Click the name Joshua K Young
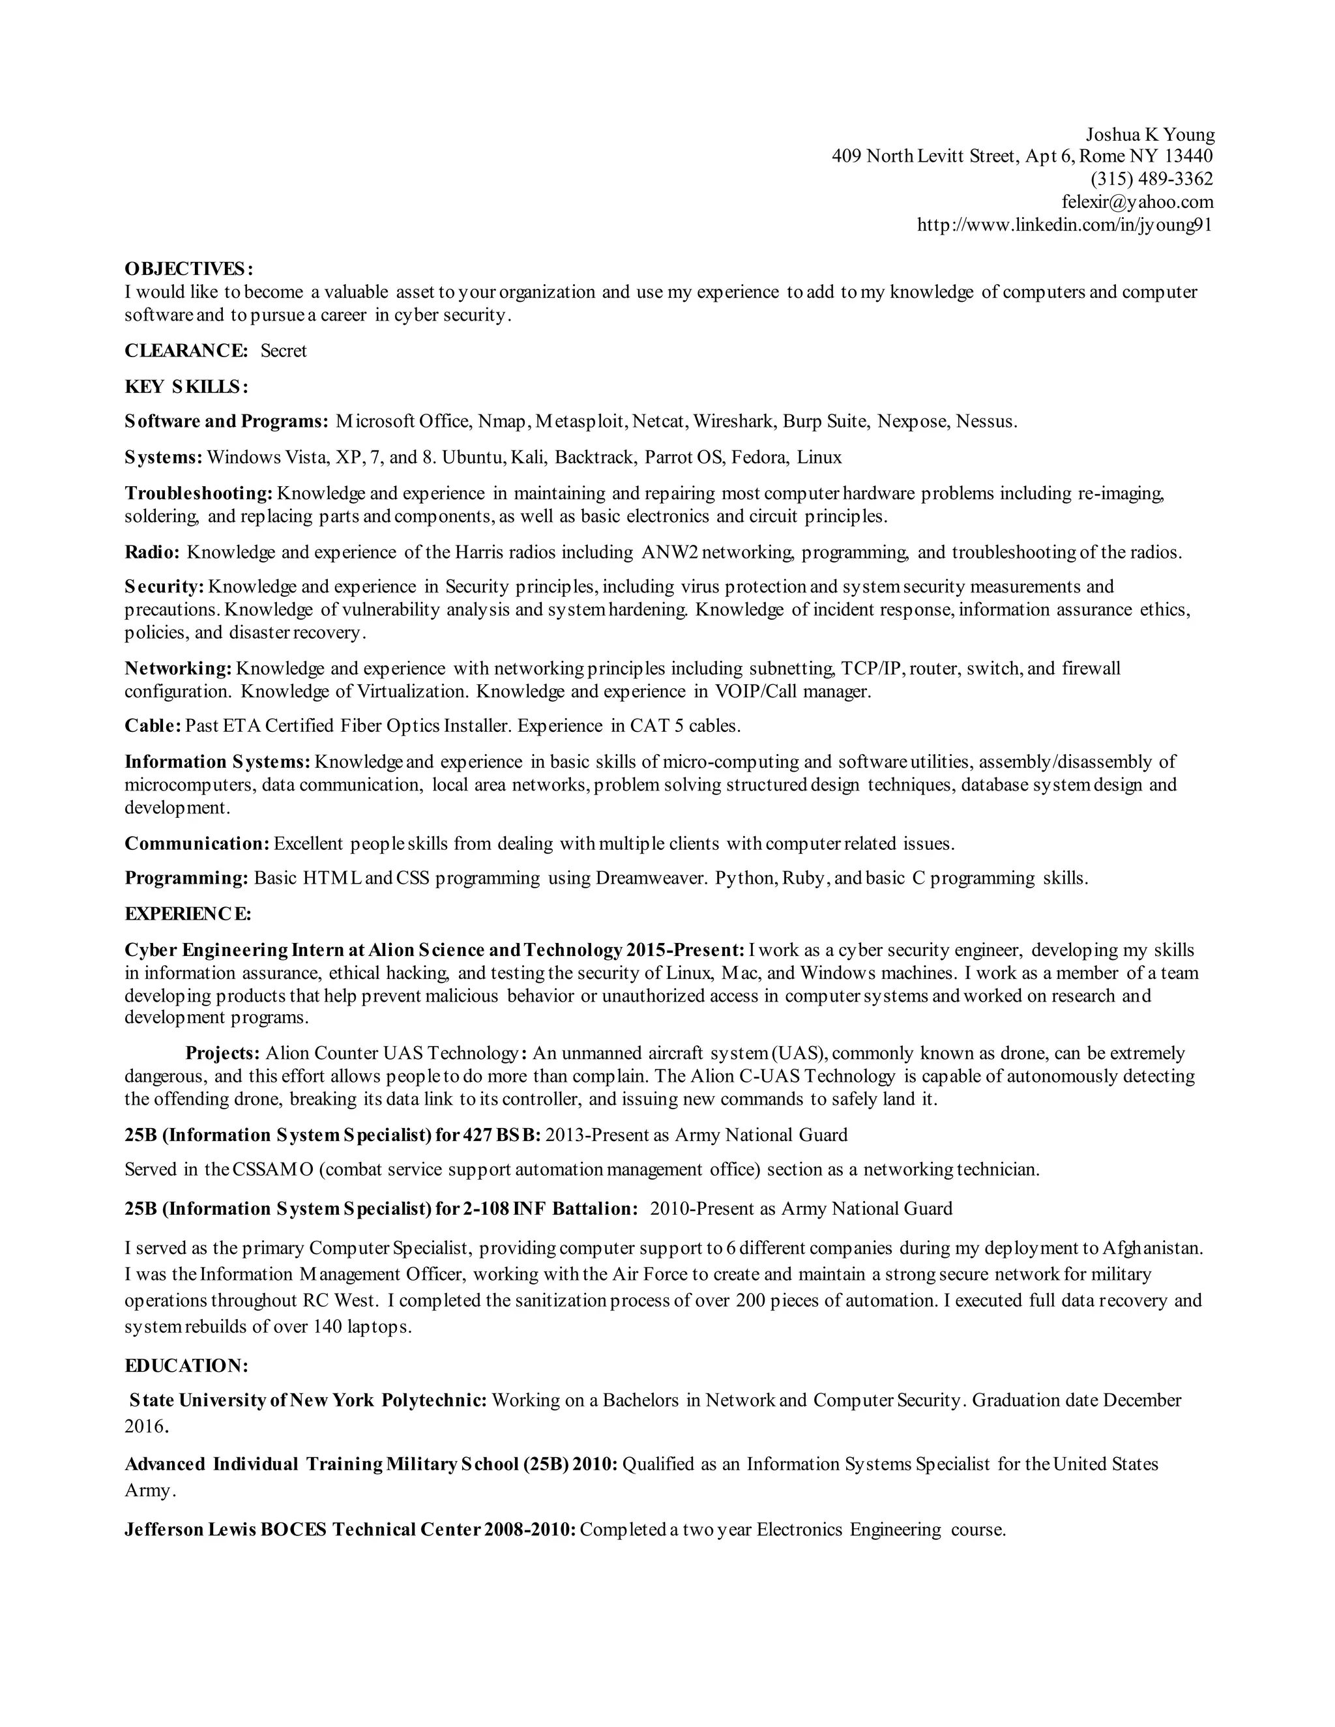click(x=1149, y=134)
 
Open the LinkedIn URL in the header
click(x=1064, y=225)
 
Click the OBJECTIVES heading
click(x=189, y=269)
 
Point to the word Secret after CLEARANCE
click(x=283, y=351)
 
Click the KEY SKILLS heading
click(x=186, y=386)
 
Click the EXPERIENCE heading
click(x=188, y=914)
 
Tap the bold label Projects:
click(x=222, y=1053)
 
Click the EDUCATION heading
click(x=186, y=1365)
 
